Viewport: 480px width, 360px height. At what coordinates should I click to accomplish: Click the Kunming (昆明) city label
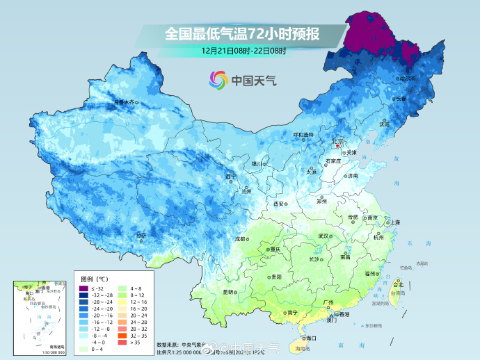pos(229,291)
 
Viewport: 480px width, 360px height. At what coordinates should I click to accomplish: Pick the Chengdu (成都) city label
pos(241,238)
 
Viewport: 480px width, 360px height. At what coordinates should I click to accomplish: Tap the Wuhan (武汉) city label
pos(323,236)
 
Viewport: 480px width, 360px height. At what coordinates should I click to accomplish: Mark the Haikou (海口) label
pos(310,338)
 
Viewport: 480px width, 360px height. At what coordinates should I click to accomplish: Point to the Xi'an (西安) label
pos(279,204)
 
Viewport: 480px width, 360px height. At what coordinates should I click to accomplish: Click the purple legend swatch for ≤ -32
pos(83,288)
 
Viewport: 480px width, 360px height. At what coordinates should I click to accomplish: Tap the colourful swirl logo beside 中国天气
pos(218,81)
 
